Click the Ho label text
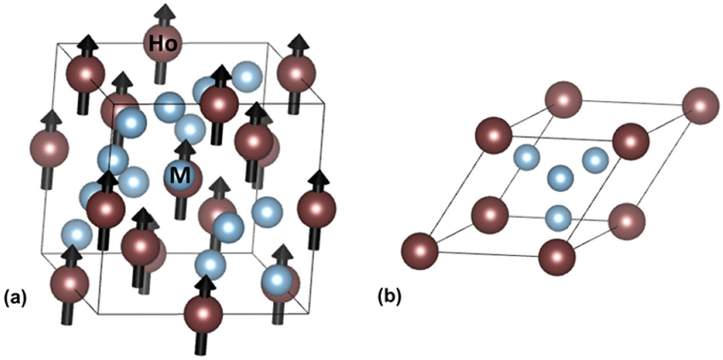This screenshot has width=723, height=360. pos(163,44)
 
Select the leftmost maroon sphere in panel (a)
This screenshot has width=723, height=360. pos(49,148)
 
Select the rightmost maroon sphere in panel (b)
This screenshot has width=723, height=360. pos(701,106)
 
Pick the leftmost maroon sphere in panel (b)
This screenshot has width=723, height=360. pos(420,251)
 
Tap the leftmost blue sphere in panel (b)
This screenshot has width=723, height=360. pos(527,157)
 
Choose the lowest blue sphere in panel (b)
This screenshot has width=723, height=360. pos(558,218)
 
